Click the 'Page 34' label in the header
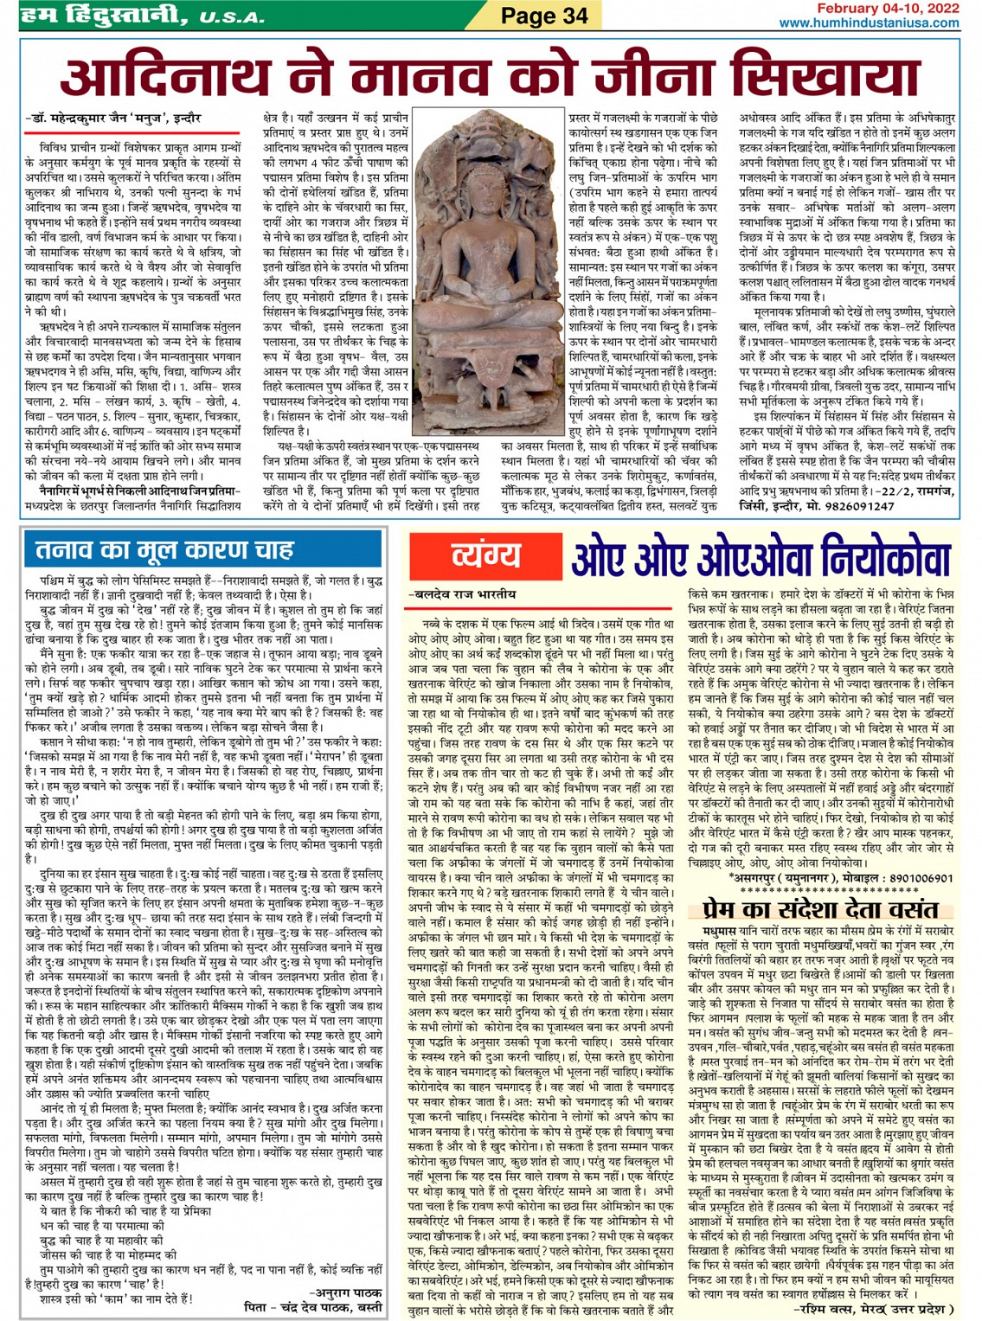click(544, 16)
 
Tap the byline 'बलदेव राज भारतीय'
click(462, 594)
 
